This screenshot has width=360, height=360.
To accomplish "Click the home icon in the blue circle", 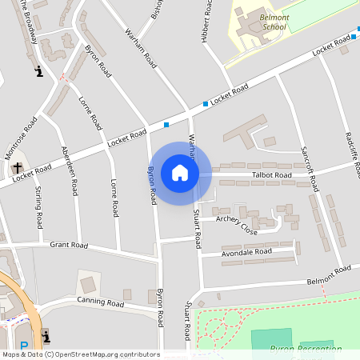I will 180,173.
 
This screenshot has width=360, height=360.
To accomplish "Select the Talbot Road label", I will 272,174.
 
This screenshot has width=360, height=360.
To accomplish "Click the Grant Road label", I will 67,245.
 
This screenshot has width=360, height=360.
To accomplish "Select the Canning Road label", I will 100,303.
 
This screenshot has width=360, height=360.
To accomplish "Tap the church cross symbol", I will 18,169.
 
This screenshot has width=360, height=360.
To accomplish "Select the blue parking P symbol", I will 23,346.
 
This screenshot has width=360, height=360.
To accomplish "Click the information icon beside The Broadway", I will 38,72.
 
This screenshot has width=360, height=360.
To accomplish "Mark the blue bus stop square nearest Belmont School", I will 353,38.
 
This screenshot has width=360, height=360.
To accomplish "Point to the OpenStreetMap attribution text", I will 81,354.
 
